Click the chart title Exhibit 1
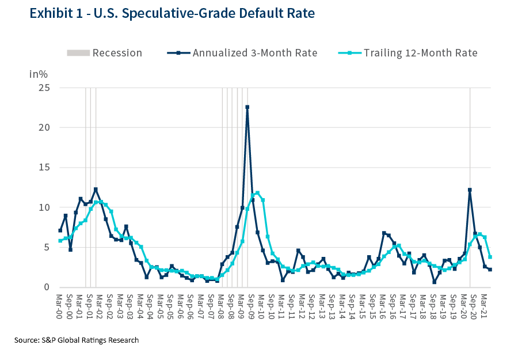click(162, 13)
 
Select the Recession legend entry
click(104, 53)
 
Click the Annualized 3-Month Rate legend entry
click(242, 53)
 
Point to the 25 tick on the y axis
click(44, 88)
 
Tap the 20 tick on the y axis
click(44, 127)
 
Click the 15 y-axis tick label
click(44, 168)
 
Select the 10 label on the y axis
click(44, 207)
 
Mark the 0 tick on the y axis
click(47, 287)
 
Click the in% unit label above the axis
click(38, 74)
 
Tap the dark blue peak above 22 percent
click(247, 107)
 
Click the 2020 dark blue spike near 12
click(470, 190)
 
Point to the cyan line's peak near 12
click(257, 193)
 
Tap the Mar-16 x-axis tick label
click(383, 305)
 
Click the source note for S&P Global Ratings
click(77, 340)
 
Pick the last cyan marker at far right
click(490, 257)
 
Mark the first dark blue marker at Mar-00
click(60, 230)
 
